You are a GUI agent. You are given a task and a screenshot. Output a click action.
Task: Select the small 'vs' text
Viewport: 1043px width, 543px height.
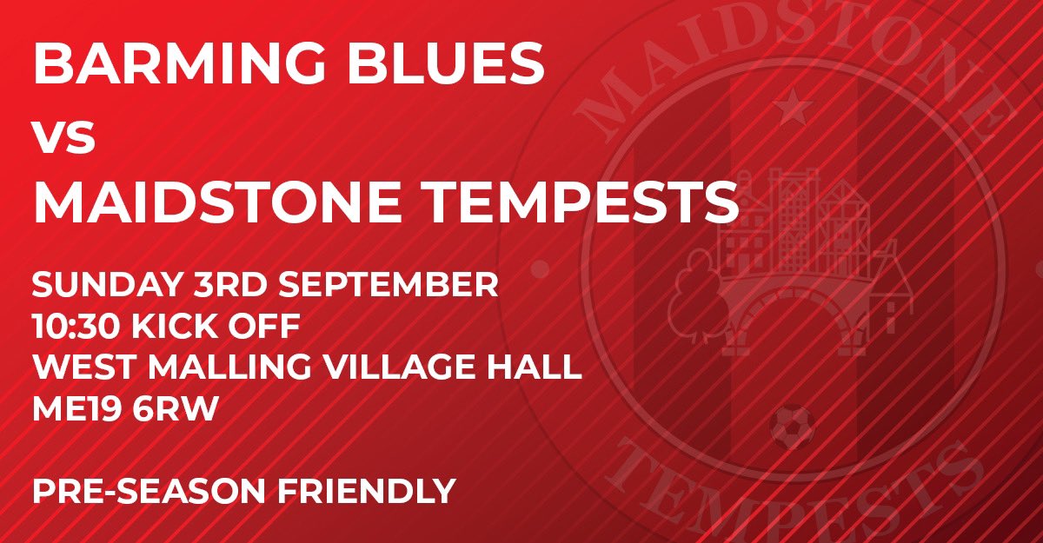pyautogui.click(x=63, y=138)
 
